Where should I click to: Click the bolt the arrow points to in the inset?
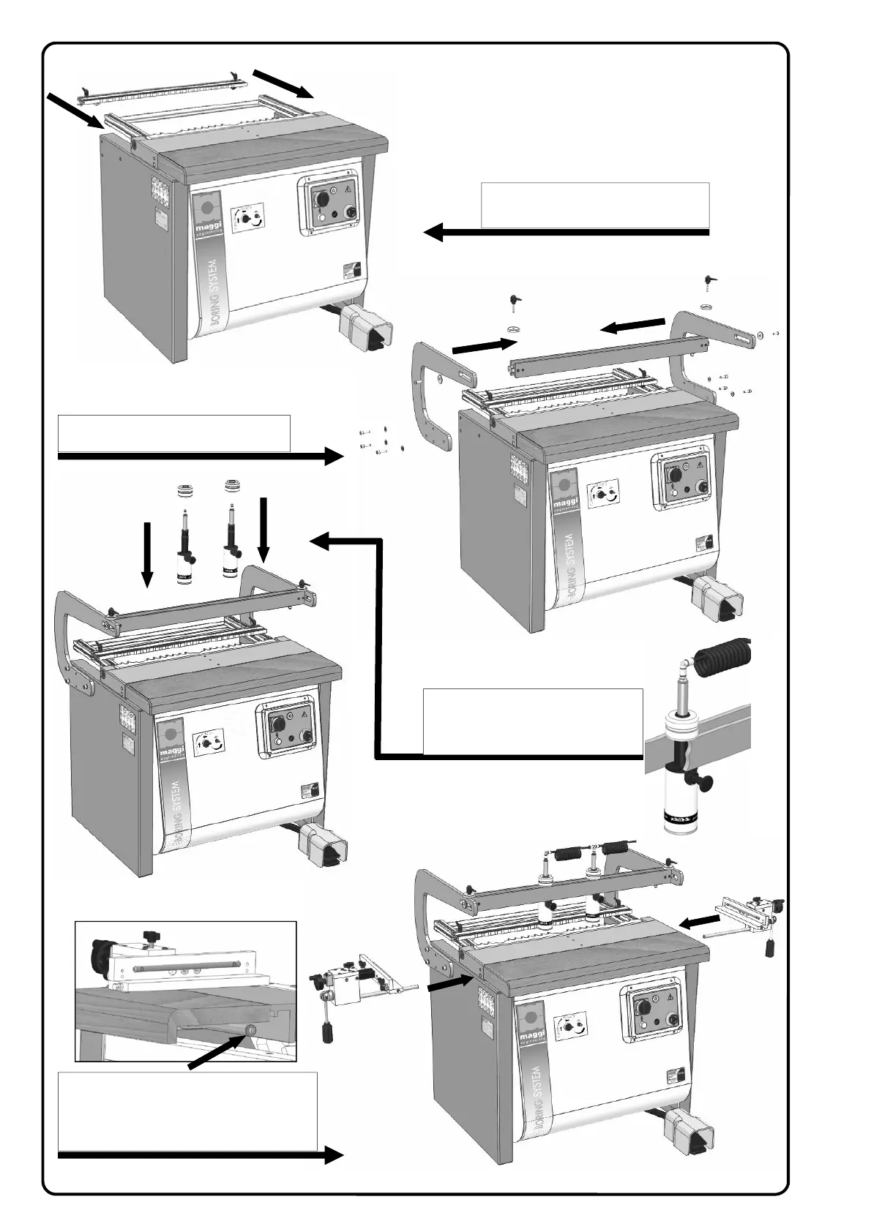point(250,1029)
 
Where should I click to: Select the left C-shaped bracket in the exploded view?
point(432,395)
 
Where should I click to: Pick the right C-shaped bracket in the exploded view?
point(695,351)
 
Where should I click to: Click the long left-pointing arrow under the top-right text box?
point(567,233)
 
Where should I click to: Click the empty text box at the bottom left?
point(187,1111)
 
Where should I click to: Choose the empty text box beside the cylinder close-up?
point(533,721)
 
